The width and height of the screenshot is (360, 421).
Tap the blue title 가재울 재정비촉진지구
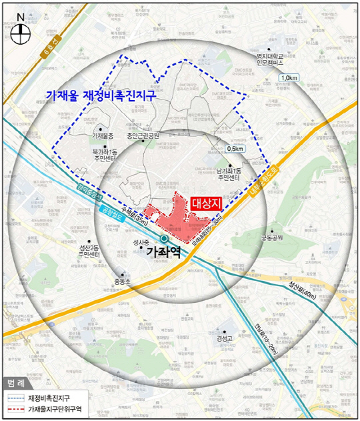101,95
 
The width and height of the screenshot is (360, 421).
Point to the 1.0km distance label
289,79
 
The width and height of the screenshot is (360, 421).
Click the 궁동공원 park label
272,237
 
